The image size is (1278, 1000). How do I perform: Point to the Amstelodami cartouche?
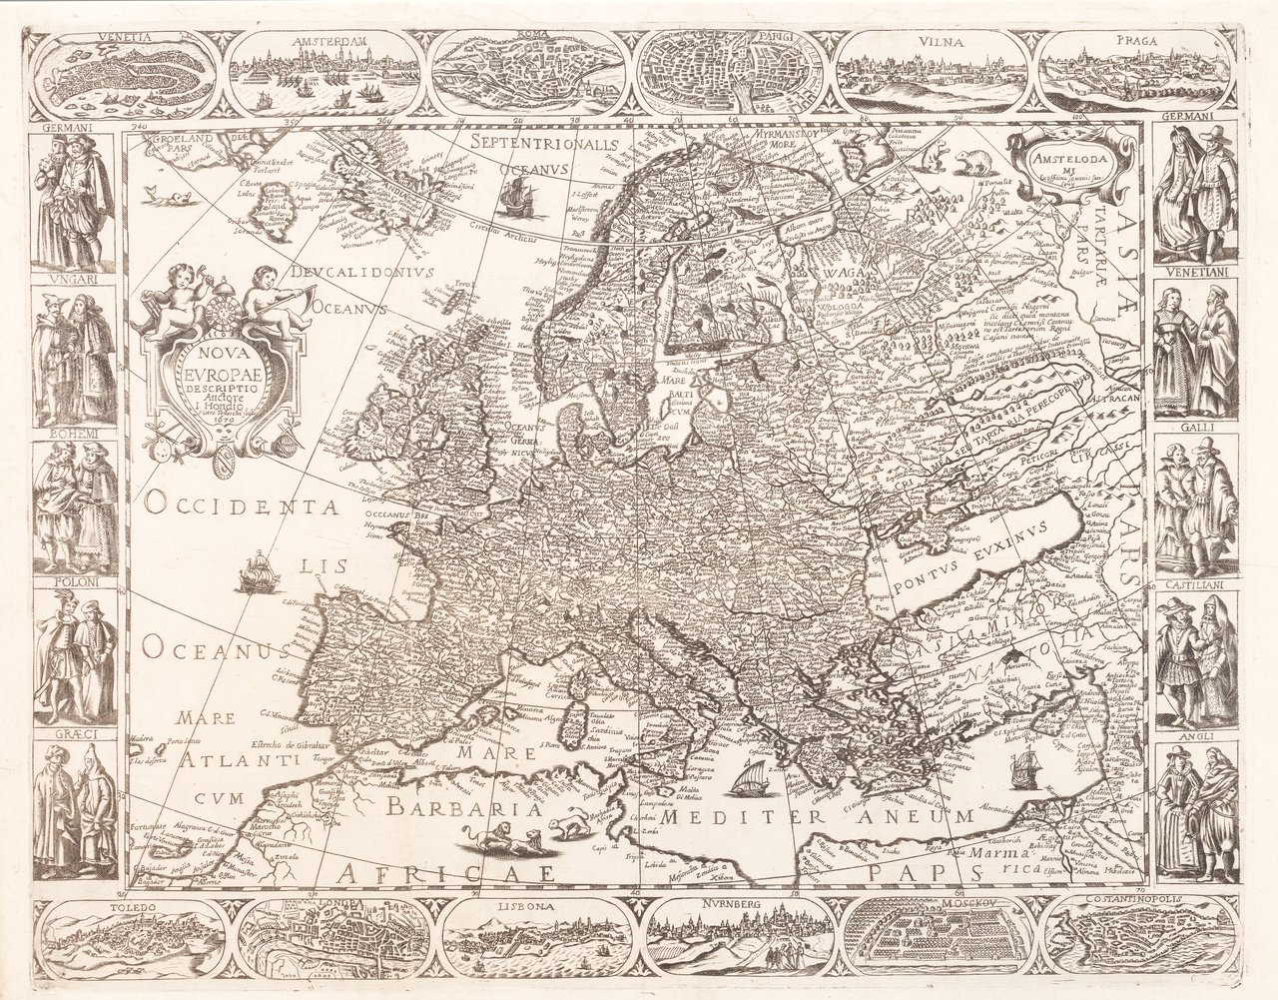[1063, 160]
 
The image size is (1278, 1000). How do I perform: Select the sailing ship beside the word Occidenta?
[256, 574]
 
